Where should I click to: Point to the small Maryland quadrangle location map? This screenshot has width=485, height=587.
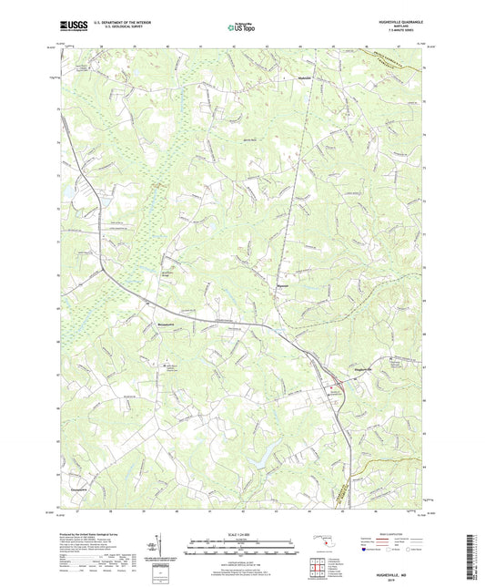pyautogui.click(x=323, y=541)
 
